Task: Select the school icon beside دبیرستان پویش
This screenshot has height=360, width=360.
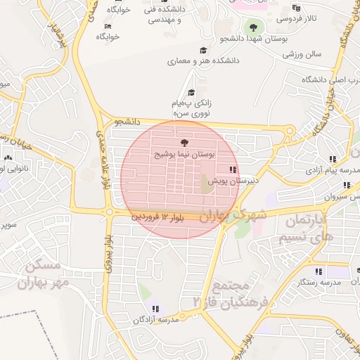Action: coord(233,169)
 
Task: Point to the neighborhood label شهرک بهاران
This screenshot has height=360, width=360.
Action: coord(232,215)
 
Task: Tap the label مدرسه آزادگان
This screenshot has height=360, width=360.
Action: coord(157,319)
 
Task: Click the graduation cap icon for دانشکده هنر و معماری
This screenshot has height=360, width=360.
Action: coord(204,51)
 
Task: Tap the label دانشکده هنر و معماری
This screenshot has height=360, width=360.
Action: coord(203,61)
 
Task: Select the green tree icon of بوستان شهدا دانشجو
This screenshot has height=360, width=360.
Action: coord(253,28)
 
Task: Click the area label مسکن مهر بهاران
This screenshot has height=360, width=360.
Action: coord(49,274)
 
